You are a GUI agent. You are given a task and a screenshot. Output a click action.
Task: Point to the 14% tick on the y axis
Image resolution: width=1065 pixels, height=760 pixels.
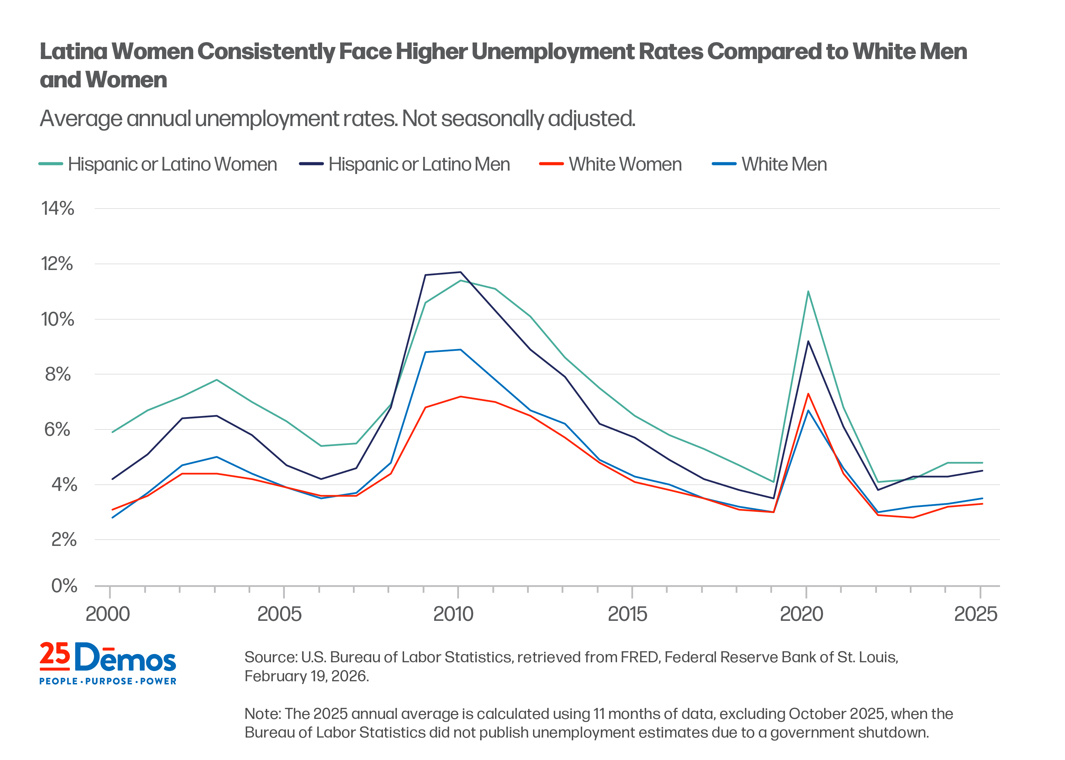point(58,209)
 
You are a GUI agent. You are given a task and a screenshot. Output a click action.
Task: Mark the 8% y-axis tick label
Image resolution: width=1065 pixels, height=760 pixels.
point(58,374)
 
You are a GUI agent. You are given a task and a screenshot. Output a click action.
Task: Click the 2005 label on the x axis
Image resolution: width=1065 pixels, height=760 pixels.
point(280,614)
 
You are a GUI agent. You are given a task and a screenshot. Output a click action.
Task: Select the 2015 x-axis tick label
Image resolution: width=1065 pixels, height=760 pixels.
point(628,614)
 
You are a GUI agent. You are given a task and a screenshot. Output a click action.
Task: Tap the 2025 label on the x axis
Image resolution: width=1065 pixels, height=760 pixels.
point(975,614)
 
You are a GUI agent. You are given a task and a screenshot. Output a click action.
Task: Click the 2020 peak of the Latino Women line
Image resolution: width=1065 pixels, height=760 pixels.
point(808,291)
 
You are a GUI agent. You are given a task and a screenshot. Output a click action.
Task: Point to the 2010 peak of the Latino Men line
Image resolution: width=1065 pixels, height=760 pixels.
point(460,272)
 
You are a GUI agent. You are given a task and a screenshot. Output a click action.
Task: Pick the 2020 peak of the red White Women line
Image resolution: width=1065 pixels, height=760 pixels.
point(808,394)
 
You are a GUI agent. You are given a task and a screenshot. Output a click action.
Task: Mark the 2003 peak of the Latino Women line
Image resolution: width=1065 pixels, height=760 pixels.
point(216,379)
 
